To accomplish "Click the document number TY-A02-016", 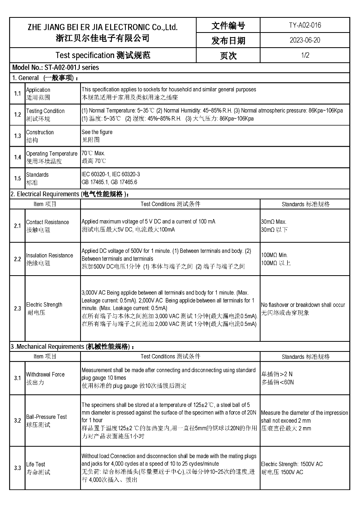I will pos(305,26).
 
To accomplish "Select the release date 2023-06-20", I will pos(305,40).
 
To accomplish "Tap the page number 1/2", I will pos(305,55).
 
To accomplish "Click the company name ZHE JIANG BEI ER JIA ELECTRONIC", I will pos(103,27).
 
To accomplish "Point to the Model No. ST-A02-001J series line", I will pos(55,67).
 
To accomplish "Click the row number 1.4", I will pos(17,157).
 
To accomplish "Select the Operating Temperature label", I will pos(51,154).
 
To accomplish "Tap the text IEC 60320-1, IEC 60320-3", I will pos(111,175).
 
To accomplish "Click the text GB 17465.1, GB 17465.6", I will pos(109,182).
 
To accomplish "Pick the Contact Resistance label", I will pos(47,222).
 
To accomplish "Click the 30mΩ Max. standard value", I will pos(273,222).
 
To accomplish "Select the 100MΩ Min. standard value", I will pos(274,255).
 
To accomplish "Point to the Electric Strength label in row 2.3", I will pos(44,305).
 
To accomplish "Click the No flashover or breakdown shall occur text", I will pos(303,305).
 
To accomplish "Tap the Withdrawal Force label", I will pos(45,374).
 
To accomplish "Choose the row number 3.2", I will pos(17,420).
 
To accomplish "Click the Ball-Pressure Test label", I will pos(46,417).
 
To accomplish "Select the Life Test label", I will pos(36,464).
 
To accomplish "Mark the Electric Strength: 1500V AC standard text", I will pos(291,464).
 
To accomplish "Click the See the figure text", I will pos(97,132).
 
